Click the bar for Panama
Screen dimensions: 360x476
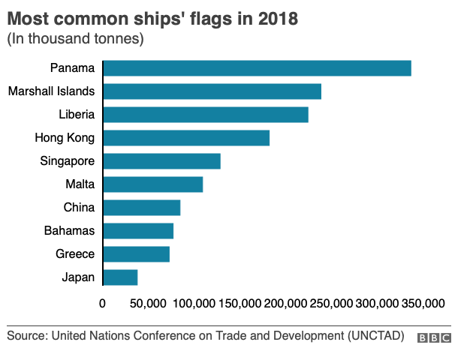(257, 68)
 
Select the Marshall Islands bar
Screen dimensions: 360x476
(212, 91)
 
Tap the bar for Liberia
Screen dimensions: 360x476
(206, 115)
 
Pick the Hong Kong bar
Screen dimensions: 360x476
(186, 138)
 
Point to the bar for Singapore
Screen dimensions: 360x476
(161, 161)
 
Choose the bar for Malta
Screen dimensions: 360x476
(152, 184)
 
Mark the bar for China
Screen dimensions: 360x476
(141, 208)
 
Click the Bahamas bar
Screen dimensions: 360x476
(138, 231)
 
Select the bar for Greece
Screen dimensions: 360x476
(136, 254)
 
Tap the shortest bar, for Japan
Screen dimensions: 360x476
(120, 277)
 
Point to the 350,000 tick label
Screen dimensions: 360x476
(422, 304)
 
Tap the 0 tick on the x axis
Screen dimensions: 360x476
(103, 304)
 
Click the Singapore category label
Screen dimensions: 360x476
(67, 161)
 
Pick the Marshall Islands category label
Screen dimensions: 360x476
(51, 91)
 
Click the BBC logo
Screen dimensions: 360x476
(435, 337)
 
